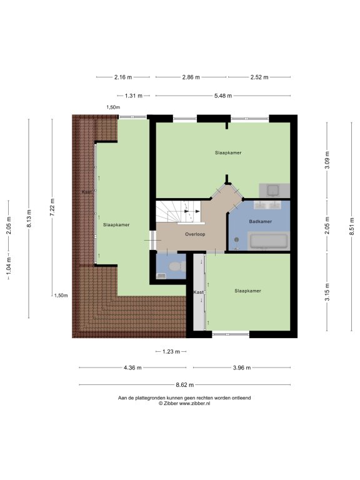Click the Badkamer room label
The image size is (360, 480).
coord(260,221)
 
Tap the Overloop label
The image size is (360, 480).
coord(195,234)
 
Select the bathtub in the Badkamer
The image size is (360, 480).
coord(269,241)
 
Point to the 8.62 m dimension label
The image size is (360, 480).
coord(184,385)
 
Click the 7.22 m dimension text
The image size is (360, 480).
coord(52,207)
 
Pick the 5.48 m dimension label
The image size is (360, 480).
coord(223,96)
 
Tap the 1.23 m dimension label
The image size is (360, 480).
coord(171,351)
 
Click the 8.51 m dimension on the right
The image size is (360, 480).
coord(352,226)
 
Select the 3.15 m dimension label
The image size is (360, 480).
coord(327,292)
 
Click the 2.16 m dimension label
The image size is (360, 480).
coord(123,77)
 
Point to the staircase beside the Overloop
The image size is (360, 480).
coord(179,212)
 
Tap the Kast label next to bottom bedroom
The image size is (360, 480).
coord(198,292)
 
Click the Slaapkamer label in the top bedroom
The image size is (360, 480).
coord(228,152)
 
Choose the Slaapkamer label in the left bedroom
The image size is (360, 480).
coord(116,225)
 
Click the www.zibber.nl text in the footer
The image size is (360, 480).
coord(195,404)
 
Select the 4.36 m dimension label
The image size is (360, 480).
coord(132,367)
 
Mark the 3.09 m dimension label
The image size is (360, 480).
coord(327,160)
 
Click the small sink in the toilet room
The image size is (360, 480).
coord(161,276)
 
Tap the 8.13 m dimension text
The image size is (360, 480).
coord(29,219)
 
